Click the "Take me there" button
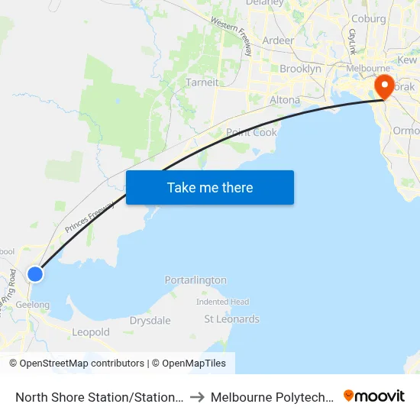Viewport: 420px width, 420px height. click(210, 188)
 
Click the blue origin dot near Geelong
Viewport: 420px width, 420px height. click(35, 273)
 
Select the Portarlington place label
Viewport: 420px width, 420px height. click(195, 280)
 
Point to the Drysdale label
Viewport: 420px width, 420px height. click(150, 321)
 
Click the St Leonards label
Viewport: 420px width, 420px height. click(231, 319)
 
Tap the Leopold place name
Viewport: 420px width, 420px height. click(91, 332)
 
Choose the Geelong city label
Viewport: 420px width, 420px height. click(32, 305)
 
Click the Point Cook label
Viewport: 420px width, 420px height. click(251, 132)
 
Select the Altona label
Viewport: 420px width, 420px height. click(285, 100)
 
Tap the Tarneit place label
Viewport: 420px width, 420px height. click(202, 82)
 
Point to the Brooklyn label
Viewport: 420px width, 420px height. click(300, 69)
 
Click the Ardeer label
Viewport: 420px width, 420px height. click(278, 40)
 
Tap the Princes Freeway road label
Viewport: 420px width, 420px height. click(89, 217)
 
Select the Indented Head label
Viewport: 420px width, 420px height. click(222, 302)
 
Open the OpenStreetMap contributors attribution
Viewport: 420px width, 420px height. click(82, 363)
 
